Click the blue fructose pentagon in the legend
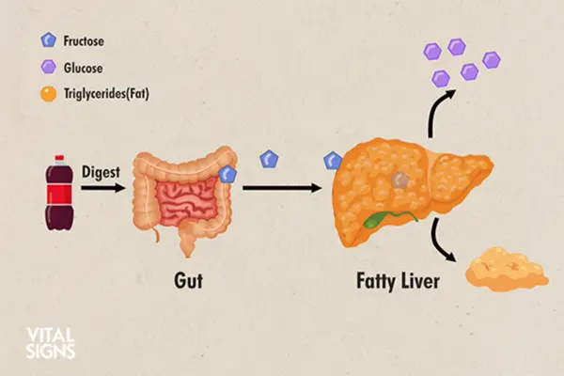48,39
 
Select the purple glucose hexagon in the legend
48,67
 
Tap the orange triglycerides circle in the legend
48,94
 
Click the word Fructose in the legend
84,41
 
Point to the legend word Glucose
83,68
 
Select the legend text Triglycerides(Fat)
106,94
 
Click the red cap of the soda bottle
59,158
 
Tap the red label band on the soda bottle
59,194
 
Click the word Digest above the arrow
101,172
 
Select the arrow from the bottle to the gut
102,188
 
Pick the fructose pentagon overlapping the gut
227,175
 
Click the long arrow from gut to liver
282,188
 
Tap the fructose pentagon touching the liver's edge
333,161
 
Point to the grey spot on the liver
400,180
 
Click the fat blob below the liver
507,269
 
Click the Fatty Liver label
398,281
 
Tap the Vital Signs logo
51,343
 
